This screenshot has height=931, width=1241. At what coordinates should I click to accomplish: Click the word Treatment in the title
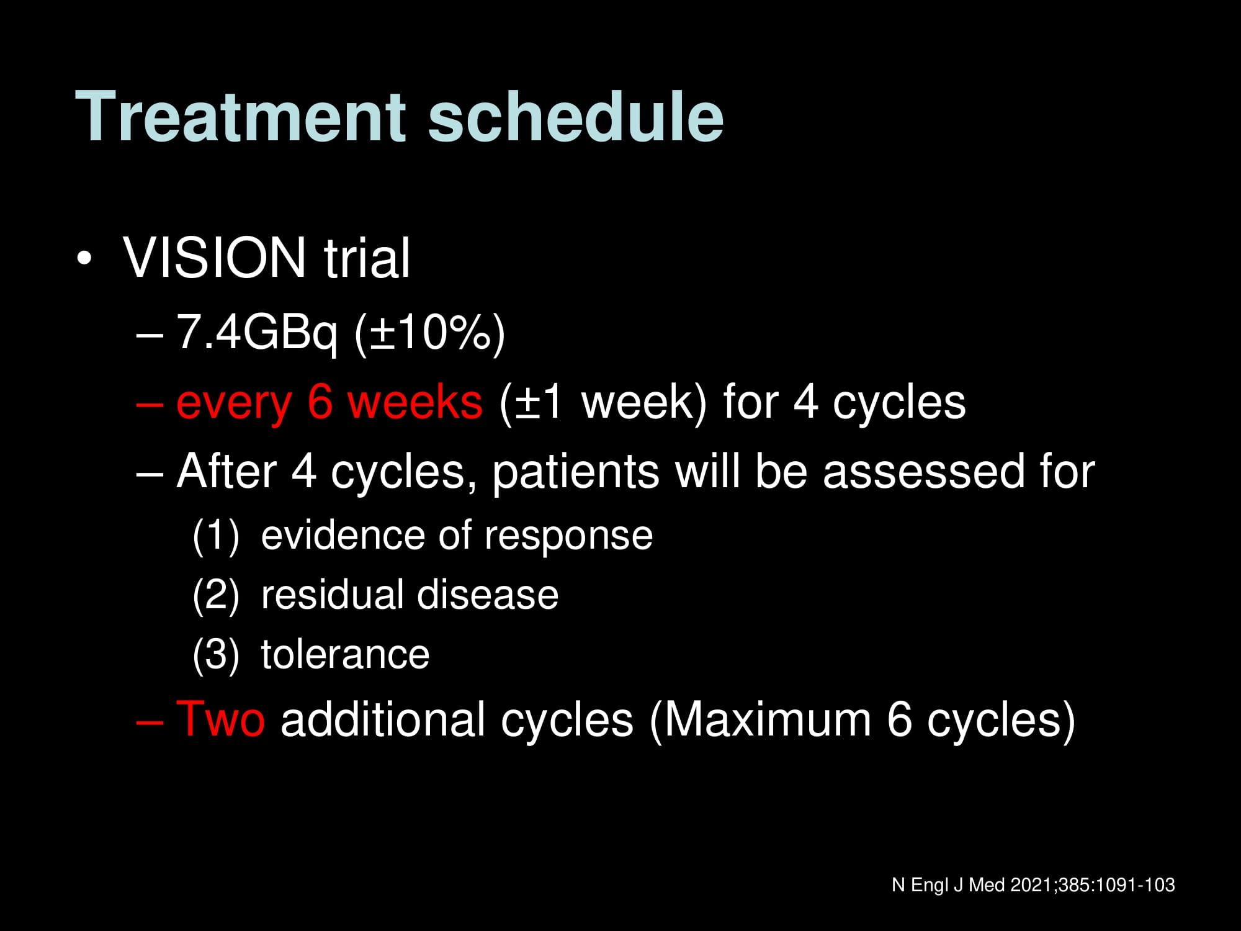click(x=241, y=117)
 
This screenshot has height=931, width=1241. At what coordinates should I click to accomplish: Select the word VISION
click(x=215, y=258)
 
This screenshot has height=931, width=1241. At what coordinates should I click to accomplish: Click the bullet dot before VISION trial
click(x=84, y=258)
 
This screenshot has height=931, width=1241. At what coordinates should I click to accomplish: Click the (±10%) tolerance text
click(x=429, y=333)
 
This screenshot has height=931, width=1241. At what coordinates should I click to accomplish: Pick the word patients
click(x=576, y=472)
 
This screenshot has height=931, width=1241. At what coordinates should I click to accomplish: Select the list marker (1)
click(x=216, y=536)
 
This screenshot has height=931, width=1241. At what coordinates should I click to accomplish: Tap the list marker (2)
click(x=216, y=595)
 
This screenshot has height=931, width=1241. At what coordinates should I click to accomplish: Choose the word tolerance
click(x=345, y=655)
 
